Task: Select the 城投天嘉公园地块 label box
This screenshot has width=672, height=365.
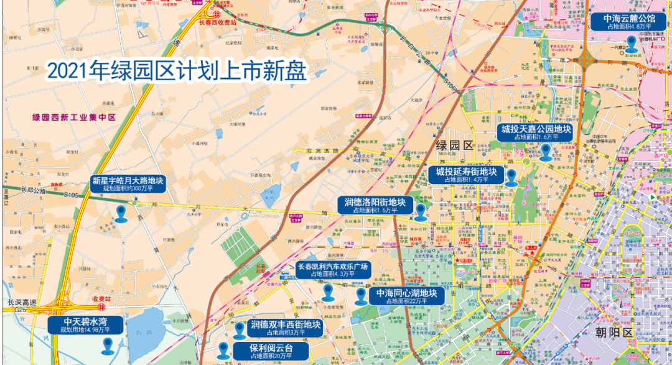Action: click(x=536, y=132)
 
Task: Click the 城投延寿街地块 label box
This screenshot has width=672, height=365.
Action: click(x=466, y=175)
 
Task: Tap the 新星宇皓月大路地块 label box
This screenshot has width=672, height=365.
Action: click(x=128, y=184)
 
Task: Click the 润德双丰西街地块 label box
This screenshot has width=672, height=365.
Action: click(x=286, y=328)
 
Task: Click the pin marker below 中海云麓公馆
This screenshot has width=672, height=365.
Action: click(x=632, y=43)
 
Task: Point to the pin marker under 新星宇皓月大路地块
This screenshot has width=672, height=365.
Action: click(x=121, y=213)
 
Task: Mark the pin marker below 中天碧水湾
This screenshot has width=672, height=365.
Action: click(x=107, y=346)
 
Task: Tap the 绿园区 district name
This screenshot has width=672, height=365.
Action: click(x=455, y=146)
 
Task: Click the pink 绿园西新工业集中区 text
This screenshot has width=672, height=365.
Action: click(x=74, y=117)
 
